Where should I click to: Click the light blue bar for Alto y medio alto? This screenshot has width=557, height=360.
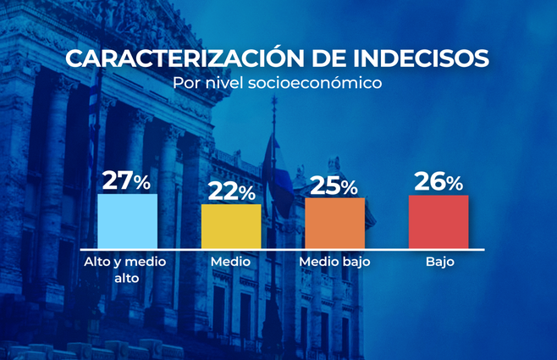coord(127,221)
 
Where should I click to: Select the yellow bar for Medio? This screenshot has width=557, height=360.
coord(231,226)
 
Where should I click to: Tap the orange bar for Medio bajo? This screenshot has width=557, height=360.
coord(334,224)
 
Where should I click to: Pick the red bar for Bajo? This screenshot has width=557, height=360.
coord(438,222)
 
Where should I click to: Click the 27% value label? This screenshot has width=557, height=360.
coord(126,181)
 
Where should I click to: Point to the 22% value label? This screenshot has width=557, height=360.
coord(230,191)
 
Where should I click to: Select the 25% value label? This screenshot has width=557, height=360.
coord(334,186)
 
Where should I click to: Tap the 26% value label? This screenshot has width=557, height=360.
coord(438,181)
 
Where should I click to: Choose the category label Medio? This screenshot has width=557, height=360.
coord(230,263)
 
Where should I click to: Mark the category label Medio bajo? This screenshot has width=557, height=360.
coord(334,263)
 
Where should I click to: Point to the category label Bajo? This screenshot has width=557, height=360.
coord(440,263)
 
